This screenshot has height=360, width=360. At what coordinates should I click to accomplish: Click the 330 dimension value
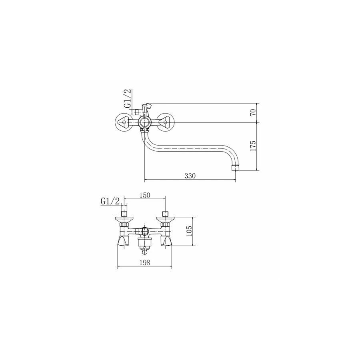pyautogui.click(x=190, y=176)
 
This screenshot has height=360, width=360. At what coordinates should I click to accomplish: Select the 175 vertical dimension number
pyautogui.click(x=253, y=146)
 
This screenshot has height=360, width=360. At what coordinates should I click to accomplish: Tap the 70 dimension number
pyautogui.click(x=253, y=112)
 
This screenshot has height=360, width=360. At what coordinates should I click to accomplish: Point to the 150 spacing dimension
pyautogui.click(x=145, y=195)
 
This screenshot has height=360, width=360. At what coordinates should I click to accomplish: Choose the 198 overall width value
pyautogui.click(x=145, y=262)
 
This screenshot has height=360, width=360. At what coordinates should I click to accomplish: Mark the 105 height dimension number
pyautogui.click(x=189, y=231)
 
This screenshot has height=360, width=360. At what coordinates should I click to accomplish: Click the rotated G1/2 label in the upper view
pyautogui.click(x=128, y=98)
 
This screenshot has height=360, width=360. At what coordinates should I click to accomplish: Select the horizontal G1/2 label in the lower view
pyautogui.click(x=110, y=202)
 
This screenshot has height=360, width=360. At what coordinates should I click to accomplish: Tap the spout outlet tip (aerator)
pyautogui.click(x=235, y=168)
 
